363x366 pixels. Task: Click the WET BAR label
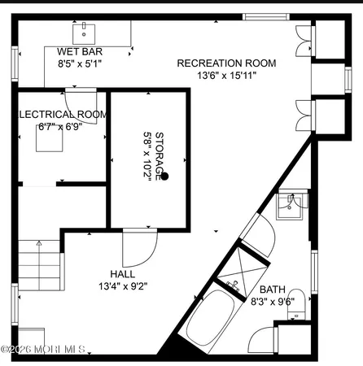(x=79, y=50)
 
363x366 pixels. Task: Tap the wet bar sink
(x=84, y=33)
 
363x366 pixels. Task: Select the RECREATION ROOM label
(x=226, y=63)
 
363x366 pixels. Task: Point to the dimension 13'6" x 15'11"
(x=226, y=76)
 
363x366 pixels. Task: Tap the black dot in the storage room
(x=164, y=176)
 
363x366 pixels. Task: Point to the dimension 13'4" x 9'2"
(x=123, y=285)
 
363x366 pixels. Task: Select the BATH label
(x=272, y=290)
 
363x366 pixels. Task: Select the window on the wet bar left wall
(x=14, y=63)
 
